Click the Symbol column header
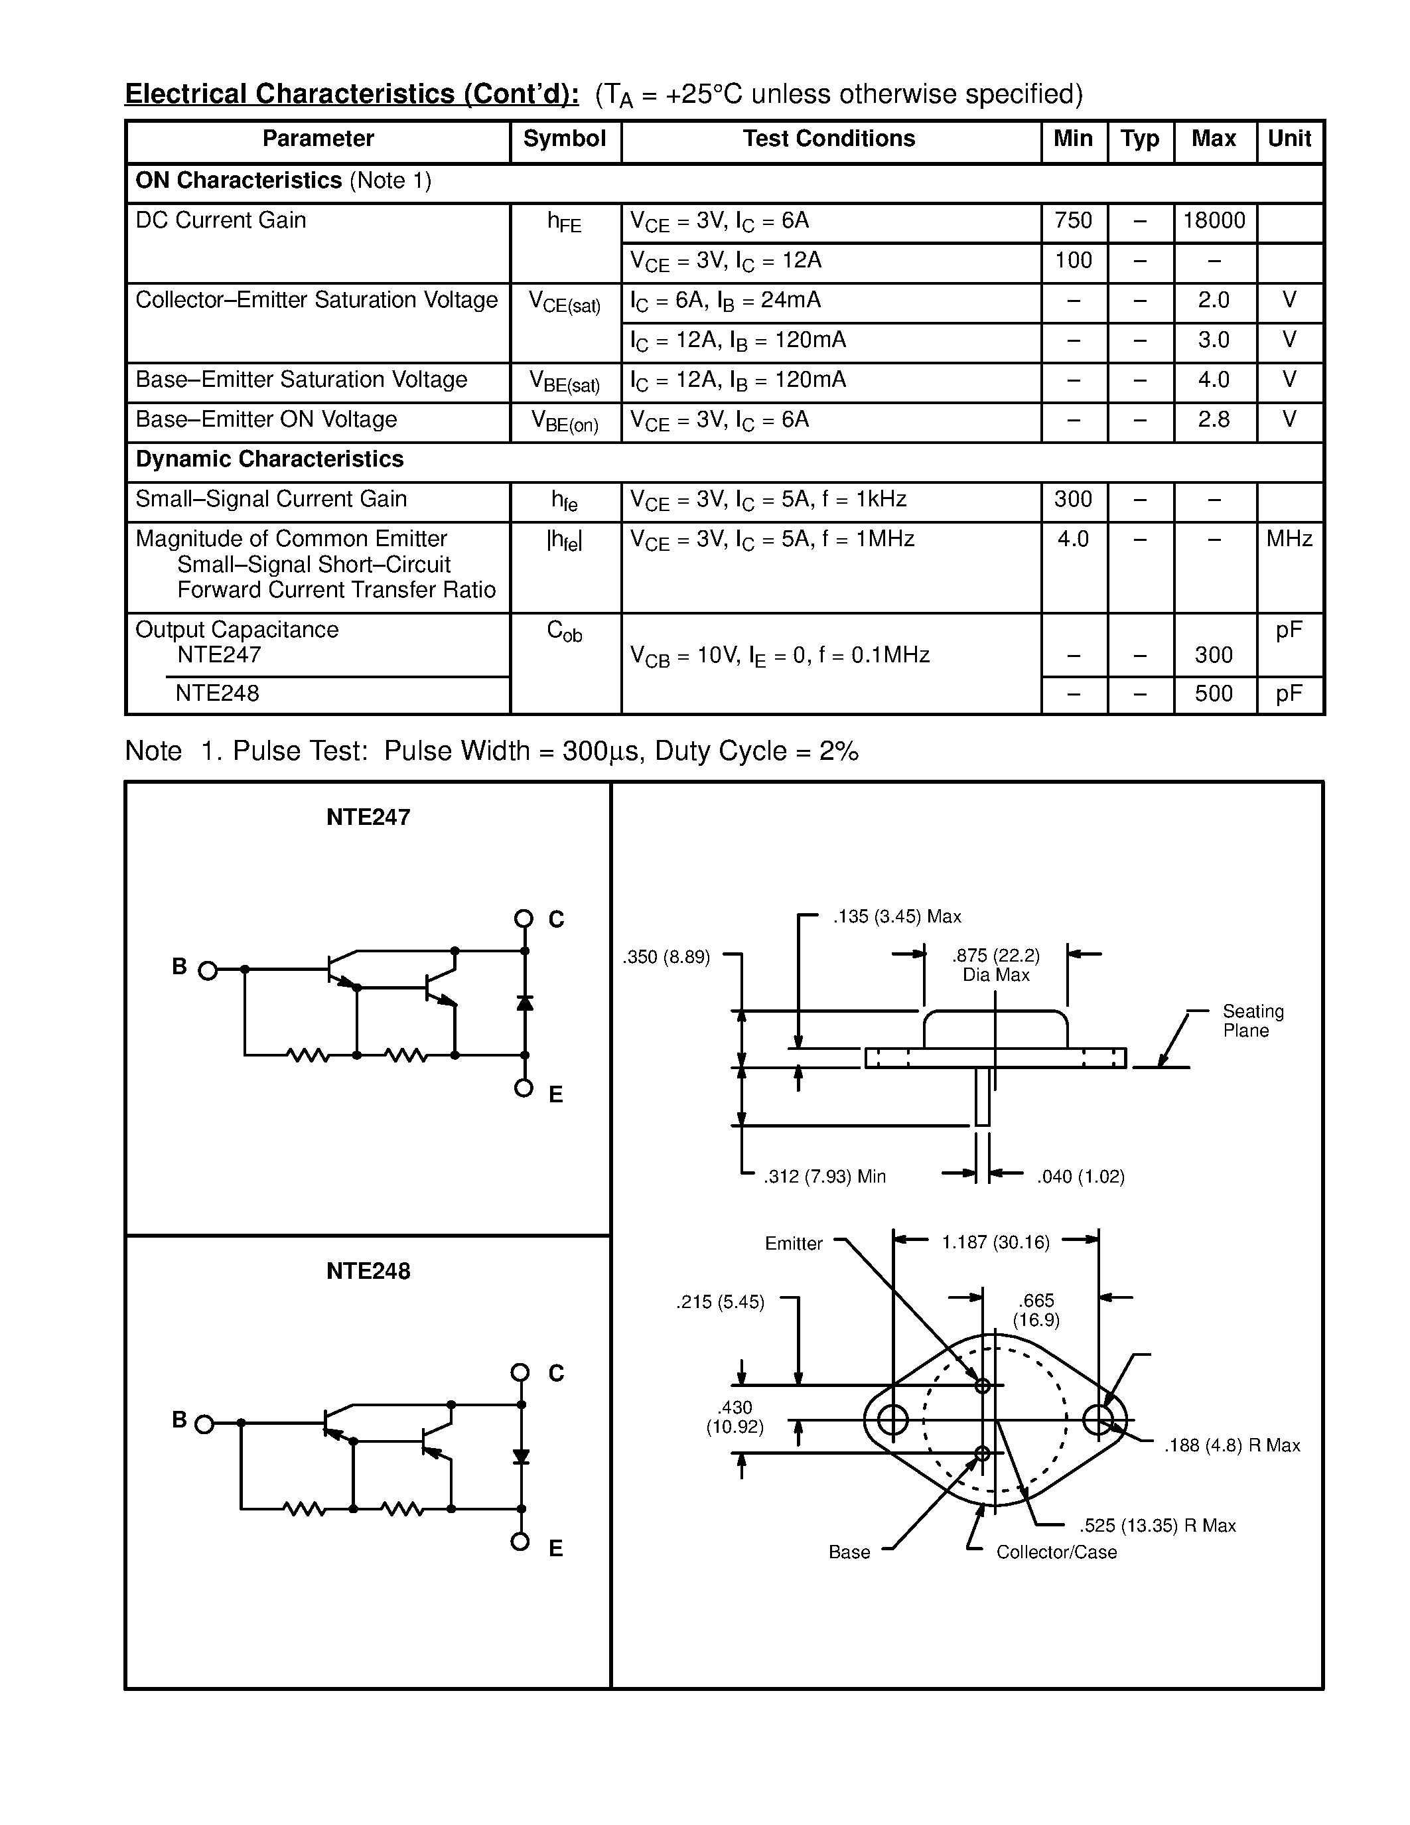(565, 139)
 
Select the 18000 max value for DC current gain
(1214, 220)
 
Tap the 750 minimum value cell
(1074, 220)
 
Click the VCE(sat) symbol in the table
(565, 302)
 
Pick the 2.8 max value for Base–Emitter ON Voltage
(1214, 419)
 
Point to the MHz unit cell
(1289, 539)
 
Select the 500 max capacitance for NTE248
(1214, 694)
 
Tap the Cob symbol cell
(565, 631)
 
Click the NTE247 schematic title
(368, 817)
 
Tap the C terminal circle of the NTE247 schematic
(524, 919)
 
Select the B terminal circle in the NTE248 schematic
(204, 1425)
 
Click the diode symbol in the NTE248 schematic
(522, 1457)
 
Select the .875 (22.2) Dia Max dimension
(996, 965)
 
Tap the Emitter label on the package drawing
(794, 1244)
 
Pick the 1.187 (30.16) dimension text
(996, 1242)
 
